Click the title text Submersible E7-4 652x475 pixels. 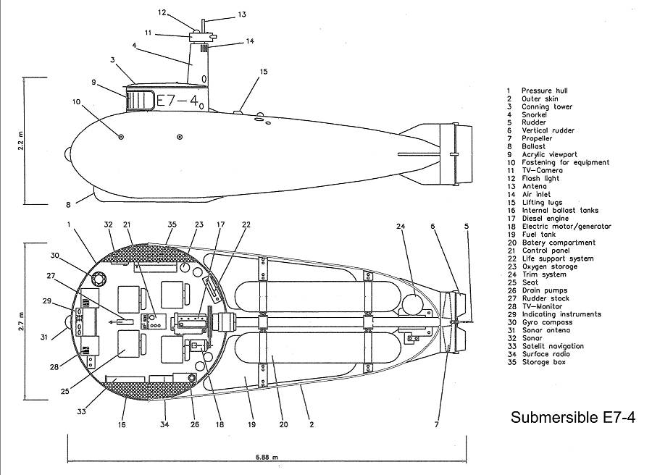(x=573, y=418)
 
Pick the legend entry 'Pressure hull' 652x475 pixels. (x=544, y=91)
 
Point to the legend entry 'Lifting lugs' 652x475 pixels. (x=544, y=203)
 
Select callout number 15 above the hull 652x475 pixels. (x=264, y=72)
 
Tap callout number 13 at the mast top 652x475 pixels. (x=242, y=14)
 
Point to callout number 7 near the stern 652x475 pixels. (x=437, y=425)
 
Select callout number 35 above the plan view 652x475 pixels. (x=172, y=224)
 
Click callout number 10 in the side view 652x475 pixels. (x=76, y=101)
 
